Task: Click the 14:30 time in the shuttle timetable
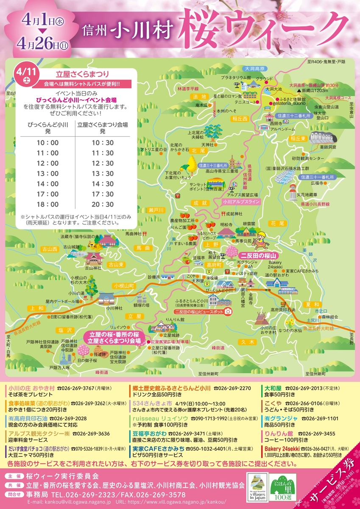point(103,184)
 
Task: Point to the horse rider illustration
point(260,240)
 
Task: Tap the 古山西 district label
point(49,249)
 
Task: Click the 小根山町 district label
point(124,286)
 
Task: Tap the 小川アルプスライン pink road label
point(240,202)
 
